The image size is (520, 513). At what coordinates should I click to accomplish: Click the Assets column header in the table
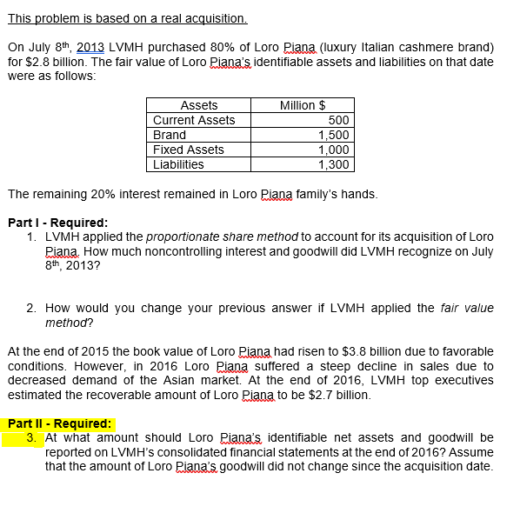tap(198, 105)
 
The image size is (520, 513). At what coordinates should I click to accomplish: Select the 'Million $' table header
tap(303, 105)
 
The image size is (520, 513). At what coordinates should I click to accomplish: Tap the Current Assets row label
tap(194, 120)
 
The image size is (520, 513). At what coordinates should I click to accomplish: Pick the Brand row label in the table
tap(169, 135)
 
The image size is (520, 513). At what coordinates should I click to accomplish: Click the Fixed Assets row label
tap(188, 150)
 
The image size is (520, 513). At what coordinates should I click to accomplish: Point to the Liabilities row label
tap(178, 164)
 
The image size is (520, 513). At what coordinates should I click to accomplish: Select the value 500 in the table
tap(340, 120)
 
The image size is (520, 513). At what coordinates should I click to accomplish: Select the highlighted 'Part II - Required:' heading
tap(59, 424)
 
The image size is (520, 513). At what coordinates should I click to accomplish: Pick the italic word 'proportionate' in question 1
tap(183, 237)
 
